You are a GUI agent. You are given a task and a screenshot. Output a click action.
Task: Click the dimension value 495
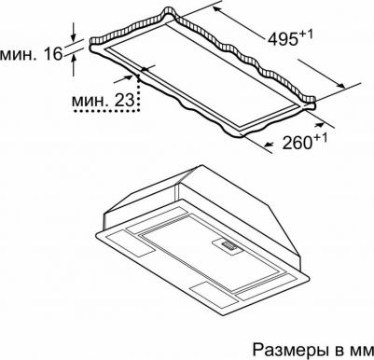[x=283, y=39]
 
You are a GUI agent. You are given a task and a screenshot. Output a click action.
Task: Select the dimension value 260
[x=297, y=143]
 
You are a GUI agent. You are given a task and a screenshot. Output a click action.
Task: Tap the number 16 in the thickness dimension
[x=53, y=54]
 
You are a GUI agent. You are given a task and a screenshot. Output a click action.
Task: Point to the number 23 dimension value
[x=125, y=100]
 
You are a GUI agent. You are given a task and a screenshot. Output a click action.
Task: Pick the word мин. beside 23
[x=91, y=101]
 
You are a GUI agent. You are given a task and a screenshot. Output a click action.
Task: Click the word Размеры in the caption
[x=290, y=350]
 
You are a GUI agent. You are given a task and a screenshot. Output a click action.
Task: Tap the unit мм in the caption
[x=362, y=352]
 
